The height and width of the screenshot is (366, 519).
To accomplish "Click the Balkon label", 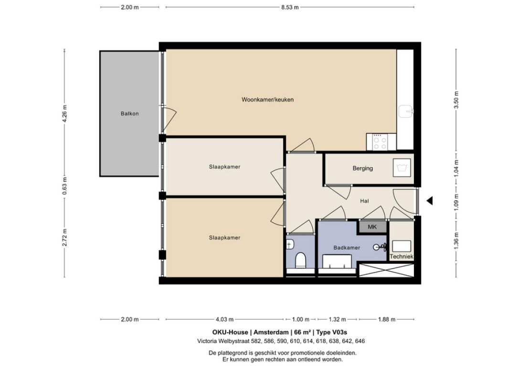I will (129, 114).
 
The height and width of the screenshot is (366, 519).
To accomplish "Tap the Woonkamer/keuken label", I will (267, 100).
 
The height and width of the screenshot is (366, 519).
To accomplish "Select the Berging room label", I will (362, 168).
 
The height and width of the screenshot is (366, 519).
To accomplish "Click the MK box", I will (372, 227).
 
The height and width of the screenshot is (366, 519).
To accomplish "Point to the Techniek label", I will (401, 257).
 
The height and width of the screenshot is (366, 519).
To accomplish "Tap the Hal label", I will (365, 201).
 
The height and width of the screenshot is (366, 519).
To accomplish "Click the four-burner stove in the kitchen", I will (380, 142).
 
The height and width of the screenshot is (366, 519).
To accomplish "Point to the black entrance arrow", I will (429, 201).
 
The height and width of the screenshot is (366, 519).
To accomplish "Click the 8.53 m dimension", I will (289, 7).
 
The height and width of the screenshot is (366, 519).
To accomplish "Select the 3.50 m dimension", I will (456, 100).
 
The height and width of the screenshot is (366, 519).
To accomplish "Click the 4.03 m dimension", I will (224, 319).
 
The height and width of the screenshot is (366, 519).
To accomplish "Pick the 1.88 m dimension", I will (386, 319).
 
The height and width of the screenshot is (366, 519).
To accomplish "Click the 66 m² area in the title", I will (302, 332).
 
